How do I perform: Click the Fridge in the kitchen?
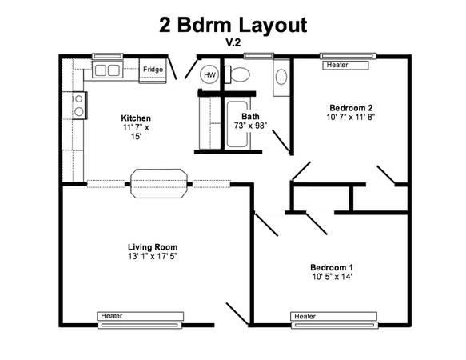pos(153,71)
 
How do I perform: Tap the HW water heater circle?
pos(209,74)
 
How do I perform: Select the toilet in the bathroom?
pos(237,74)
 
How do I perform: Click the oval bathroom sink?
pos(281,77)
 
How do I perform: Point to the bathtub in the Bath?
pos(237,124)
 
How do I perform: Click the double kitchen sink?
pos(107,70)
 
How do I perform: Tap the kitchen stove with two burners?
pos(79,106)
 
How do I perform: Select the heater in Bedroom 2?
pos(345,65)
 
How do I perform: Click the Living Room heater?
pos(140,316)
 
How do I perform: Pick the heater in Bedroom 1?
pos(334,316)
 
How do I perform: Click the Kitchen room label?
pos(136,118)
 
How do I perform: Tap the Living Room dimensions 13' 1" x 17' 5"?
pos(153,256)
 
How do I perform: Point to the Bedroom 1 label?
pos(332,267)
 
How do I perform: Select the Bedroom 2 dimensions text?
pos(351,117)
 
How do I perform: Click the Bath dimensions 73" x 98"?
pos(250,126)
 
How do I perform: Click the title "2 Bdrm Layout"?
pos(233,25)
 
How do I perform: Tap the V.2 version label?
pos(233,42)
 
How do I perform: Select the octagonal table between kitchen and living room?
pos(159,183)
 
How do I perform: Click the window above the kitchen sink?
pos(108,56)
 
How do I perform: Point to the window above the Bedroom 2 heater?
pos(348,56)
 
